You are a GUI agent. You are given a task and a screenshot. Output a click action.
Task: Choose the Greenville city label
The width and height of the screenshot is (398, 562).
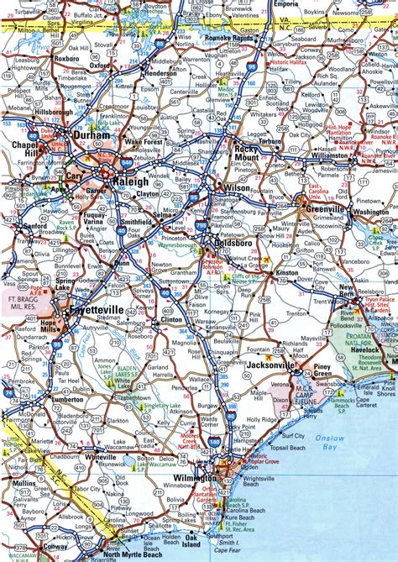click(326, 208)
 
